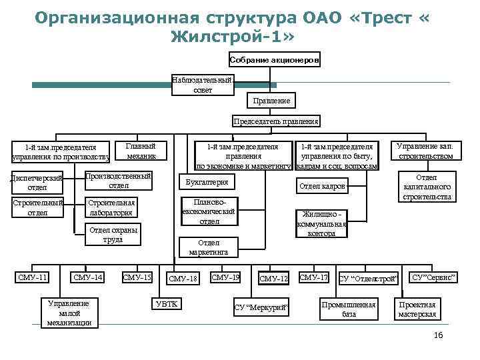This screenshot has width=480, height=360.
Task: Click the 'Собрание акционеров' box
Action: [275, 60]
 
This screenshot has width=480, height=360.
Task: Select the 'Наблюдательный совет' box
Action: [203, 85]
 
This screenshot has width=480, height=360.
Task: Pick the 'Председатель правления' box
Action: [275, 121]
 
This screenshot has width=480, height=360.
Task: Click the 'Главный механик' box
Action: [141, 151]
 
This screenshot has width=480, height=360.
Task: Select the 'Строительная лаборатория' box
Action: [111, 207]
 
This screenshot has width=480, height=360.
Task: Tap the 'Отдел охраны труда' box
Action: [113, 235]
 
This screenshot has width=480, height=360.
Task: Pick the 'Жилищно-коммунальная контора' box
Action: [321, 225]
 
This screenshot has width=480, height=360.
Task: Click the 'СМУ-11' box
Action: [32, 277]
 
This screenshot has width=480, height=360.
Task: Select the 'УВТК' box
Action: [167, 303]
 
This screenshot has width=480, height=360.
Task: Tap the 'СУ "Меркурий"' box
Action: [263, 307]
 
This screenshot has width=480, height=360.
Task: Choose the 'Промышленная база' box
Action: [349, 309]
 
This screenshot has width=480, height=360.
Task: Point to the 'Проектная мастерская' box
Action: [417, 309]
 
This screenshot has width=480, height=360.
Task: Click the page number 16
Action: [437, 335]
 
